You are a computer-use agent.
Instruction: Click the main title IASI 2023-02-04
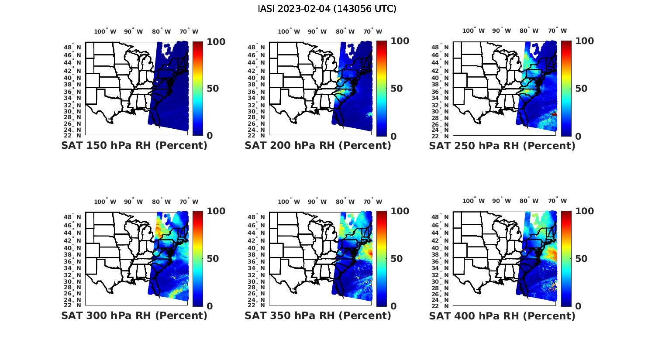coord(327,9)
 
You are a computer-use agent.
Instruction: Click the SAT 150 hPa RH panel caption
coord(134,145)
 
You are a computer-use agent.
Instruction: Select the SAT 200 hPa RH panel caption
coord(317,145)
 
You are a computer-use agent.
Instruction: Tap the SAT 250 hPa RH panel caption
coord(502,146)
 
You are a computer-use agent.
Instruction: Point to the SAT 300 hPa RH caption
coord(134,315)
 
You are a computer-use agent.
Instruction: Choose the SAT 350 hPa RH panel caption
coord(317,315)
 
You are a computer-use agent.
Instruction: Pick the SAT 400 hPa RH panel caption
coord(502,315)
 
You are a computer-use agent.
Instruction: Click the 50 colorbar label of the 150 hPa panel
coord(213,89)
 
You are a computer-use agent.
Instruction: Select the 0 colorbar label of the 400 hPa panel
coord(578,306)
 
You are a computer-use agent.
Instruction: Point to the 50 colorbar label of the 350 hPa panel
coord(397,259)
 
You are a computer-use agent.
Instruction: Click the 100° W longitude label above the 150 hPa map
coord(105,31)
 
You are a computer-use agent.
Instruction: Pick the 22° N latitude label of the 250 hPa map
coord(444,136)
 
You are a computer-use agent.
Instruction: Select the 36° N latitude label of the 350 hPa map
coord(260,261)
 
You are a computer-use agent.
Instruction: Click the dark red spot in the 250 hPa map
coord(554,114)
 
